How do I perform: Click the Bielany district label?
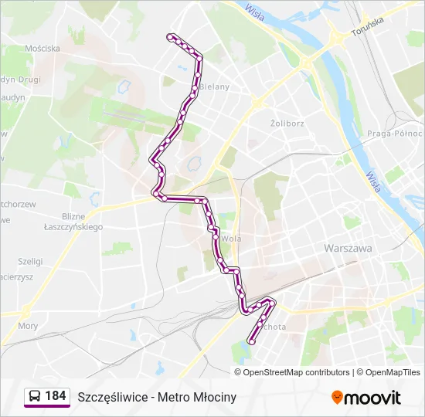pos(215,86)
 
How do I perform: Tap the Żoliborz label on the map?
pos(287,123)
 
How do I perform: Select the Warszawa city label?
pos(348,249)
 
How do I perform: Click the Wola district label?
pos(231,239)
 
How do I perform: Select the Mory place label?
pos(28,326)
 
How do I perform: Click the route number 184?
pos(55,396)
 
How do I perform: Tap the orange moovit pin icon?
pos(337,397)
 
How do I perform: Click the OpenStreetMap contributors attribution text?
pos(296,372)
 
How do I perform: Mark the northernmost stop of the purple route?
pos(171,36)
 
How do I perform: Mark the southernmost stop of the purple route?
pos(251,341)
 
